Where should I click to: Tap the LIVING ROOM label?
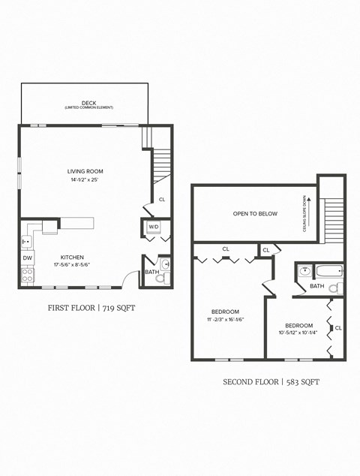83,171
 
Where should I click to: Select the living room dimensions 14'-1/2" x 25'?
83,181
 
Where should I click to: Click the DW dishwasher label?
27,258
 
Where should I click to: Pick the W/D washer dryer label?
153,226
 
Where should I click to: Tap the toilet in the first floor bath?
160,278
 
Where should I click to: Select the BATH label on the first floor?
151,272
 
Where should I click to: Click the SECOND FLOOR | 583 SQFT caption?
271,381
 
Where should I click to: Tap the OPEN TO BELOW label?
255,214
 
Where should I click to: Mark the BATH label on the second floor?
317,286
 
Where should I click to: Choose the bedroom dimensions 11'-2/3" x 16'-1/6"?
225,320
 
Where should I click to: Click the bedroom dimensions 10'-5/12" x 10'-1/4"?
298,332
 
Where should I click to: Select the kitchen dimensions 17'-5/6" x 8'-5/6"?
72,265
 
